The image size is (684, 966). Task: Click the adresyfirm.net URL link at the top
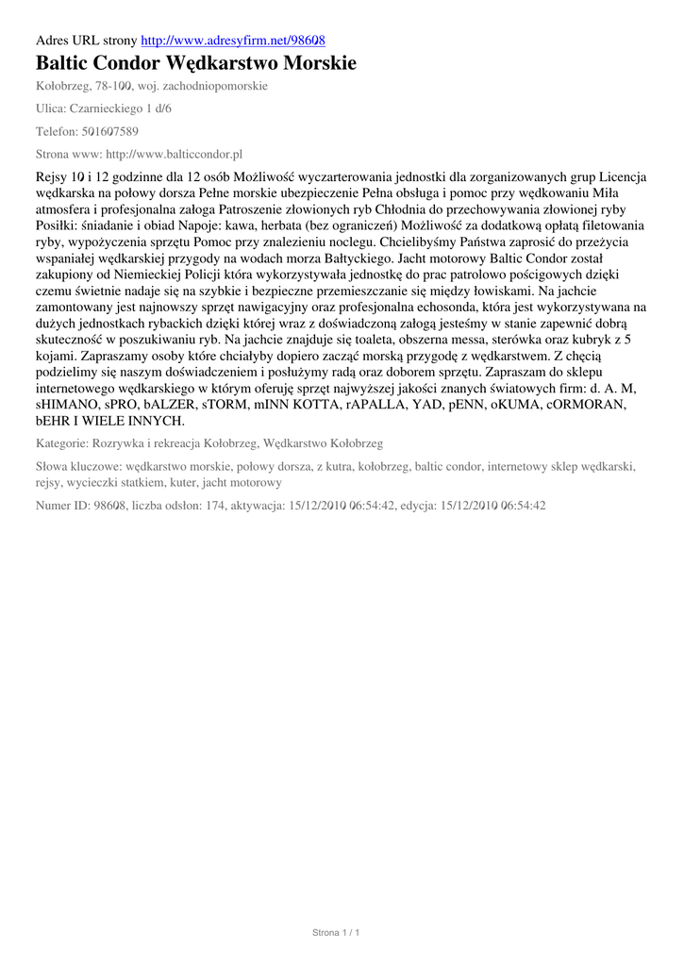233,42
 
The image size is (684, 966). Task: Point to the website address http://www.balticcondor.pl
175,154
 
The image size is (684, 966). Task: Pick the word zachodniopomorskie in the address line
215,86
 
